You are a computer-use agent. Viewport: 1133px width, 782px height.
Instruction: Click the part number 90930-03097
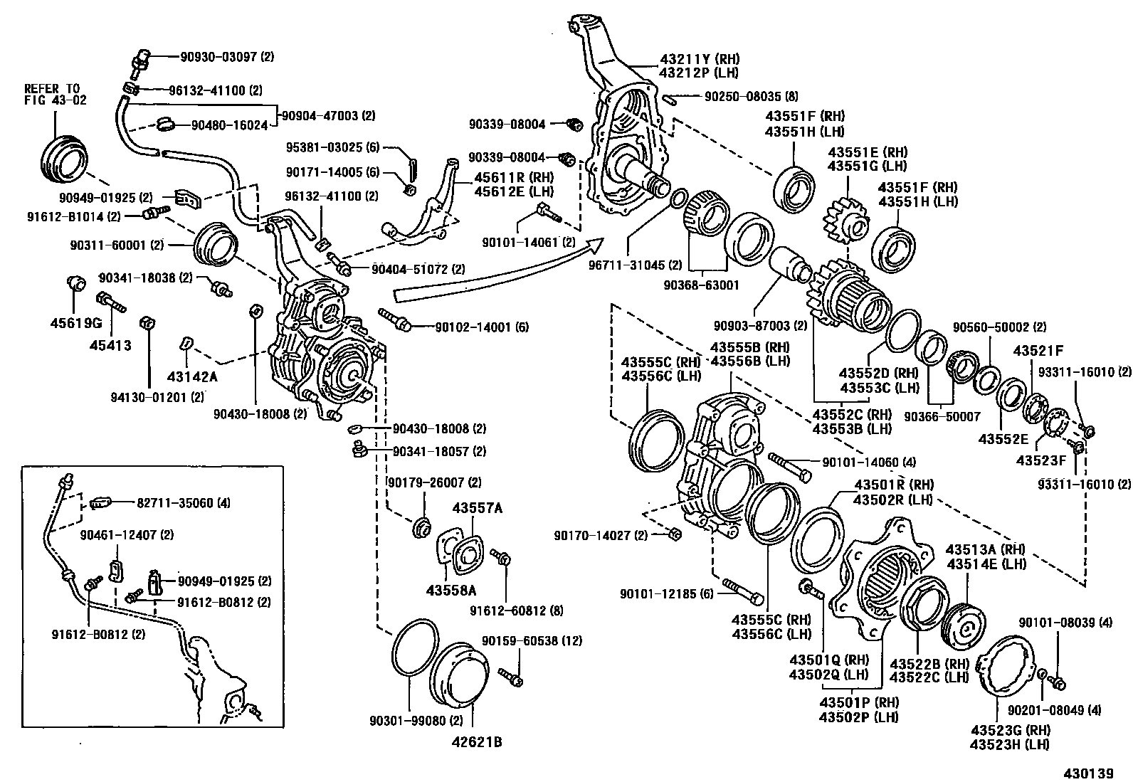point(212,56)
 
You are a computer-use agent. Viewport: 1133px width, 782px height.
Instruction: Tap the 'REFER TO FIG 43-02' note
point(55,95)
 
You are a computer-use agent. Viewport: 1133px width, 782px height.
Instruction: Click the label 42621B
point(476,742)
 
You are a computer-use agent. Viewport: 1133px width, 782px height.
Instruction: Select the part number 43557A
point(477,508)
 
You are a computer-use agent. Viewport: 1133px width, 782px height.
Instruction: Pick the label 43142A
point(192,376)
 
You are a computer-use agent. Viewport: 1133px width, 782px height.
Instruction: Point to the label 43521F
point(1038,351)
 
